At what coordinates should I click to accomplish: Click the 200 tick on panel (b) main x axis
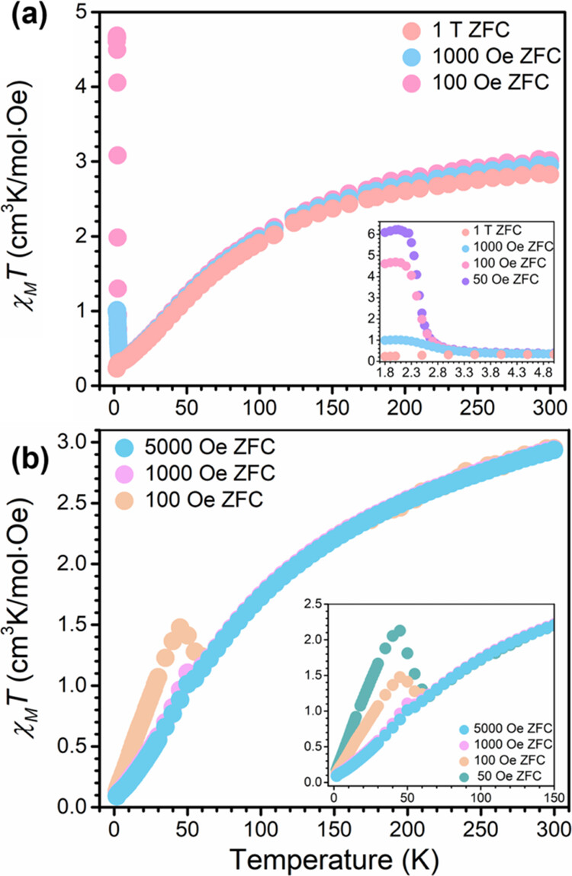[407, 829]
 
